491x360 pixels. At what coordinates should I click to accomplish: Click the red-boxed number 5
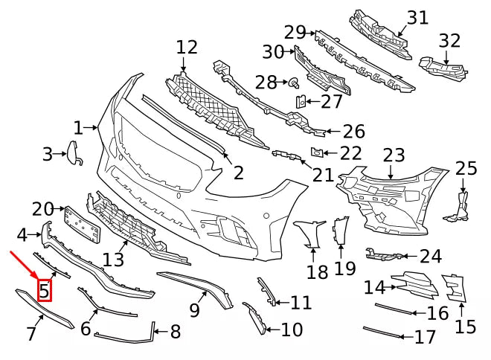[45, 289]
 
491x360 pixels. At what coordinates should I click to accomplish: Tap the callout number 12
[187, 48]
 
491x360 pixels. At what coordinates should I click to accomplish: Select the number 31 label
[418, 17]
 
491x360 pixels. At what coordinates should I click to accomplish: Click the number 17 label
[425, 338]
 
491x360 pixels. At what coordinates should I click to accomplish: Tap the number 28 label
[266, 81]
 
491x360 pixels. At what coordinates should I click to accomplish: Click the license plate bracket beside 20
[81, 225]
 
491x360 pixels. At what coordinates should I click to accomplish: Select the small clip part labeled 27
[300, 101]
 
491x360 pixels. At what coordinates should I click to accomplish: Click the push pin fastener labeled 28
[293, 81]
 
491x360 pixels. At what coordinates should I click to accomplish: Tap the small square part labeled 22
[315, 152]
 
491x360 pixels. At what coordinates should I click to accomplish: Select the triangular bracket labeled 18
[310, 235]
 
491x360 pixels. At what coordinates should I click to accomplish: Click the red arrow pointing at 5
[25, 266]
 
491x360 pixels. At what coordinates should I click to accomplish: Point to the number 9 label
[195, 309]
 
